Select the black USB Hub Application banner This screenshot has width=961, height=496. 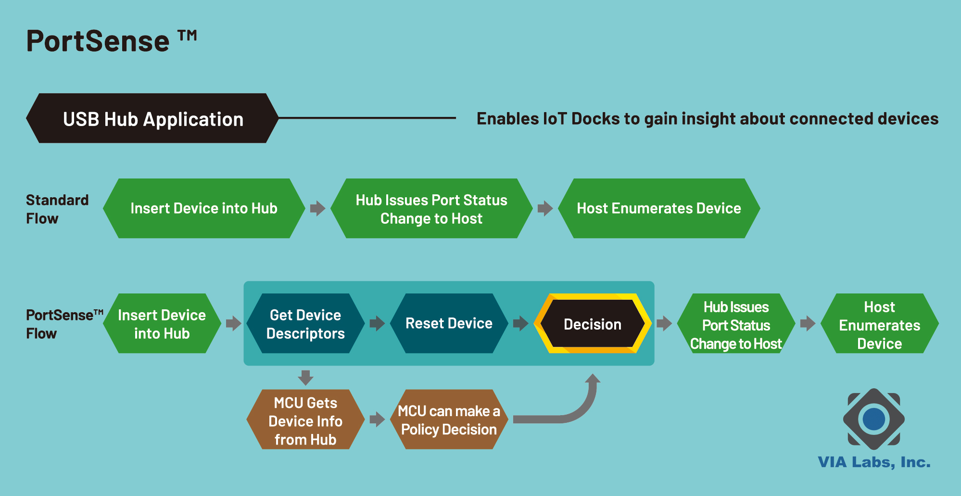tap(152, 118)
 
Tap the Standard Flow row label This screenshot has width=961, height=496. tap(57, 209)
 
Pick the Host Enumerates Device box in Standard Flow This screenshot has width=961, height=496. tap(659, 208)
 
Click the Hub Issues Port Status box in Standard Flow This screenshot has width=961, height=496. tap(431, 208)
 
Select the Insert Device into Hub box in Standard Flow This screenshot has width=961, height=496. tap(204, 208)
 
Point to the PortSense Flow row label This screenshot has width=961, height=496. tap(64, 324)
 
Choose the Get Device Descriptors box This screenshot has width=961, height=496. tap(305, 323)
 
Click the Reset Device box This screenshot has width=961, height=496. tap(449, 323)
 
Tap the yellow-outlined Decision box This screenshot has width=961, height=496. tap(593, 323)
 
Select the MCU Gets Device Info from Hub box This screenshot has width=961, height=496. tap(305, 420)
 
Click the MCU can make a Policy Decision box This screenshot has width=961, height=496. tap(449, 420)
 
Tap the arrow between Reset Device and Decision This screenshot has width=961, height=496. tap(521, 323)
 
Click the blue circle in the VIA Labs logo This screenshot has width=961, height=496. tap(874, 419)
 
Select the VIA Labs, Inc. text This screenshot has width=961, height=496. tap(874, 462)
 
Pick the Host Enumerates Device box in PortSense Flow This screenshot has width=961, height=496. tap(880, 323)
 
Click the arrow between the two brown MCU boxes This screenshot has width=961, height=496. tap(377, 420)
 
